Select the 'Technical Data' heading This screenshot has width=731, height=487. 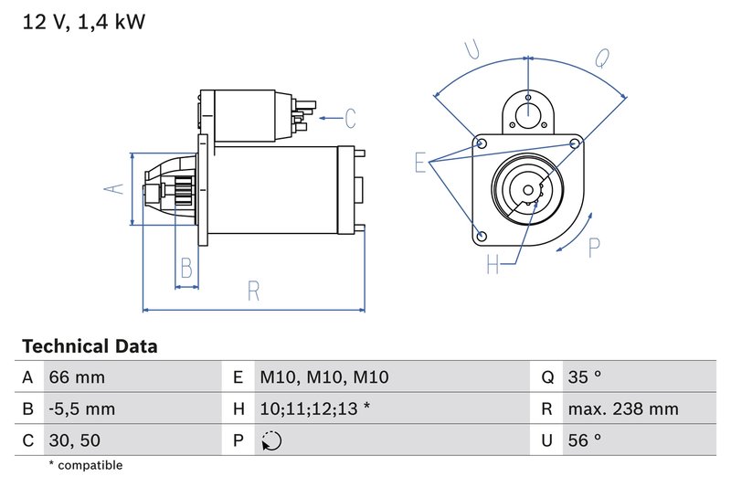click(x=90, y=346)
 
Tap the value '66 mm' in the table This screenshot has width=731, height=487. click(x=77, y=377)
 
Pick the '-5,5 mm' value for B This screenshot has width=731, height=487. click(x=82, y=408)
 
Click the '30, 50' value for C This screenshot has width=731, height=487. click(x=75, y=440)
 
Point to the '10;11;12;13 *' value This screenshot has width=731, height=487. click(x=314, y=408)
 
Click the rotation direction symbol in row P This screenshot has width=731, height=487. click(x=271, y=441)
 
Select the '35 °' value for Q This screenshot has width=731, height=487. click(x=585, y=377)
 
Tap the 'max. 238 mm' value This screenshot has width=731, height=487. click(x=622, y=408)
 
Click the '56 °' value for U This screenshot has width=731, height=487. click(x=585, y=440)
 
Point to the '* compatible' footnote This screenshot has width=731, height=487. click(x=85, y=466)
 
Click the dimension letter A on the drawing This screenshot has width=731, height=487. click(x=113, y=189)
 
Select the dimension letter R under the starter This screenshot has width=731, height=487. click(x=253, y=291)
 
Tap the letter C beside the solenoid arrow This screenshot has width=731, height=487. click(x=349, y=118)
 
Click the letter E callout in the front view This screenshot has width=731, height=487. click(x=421, y=163)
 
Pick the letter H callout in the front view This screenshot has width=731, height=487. click(x=493, y=265)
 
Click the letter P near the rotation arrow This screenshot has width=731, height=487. click(x=595, y=247)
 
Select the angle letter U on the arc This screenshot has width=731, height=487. click(x=472, y=50)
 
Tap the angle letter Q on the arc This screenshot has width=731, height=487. click(x=602, y=58)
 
